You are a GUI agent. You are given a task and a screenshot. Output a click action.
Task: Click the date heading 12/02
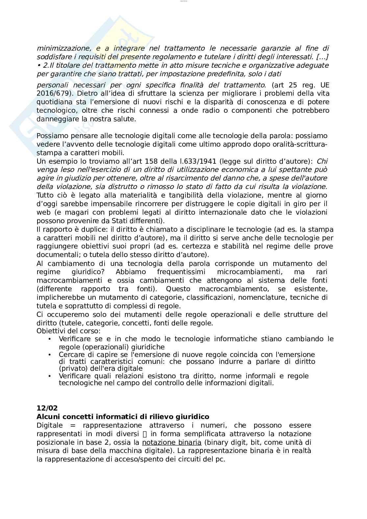pos(47,408)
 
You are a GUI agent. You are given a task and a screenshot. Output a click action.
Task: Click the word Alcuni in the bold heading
pos(47,417)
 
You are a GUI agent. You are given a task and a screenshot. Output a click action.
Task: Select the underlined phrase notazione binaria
pos(171,442)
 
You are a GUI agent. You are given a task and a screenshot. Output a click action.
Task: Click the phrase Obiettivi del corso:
pos(68,331)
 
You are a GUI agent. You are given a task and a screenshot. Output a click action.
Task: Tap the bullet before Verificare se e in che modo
pos(50,339)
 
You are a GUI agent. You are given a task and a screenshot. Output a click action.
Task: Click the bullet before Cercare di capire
pos(50,355)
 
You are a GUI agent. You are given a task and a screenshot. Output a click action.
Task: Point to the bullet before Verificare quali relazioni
pos(50,376)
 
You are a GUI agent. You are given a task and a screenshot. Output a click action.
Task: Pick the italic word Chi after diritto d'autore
pos(322,161)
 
